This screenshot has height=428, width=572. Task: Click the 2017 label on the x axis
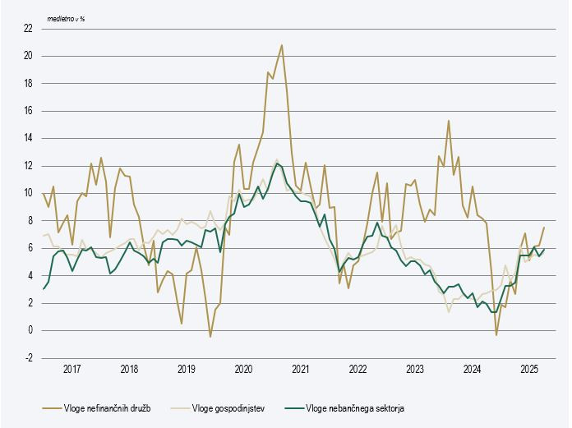click(71, 370)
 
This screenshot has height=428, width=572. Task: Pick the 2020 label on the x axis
click(243, 370)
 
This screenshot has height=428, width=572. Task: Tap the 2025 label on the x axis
click(529, 370)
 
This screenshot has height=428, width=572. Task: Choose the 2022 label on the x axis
click(357, 370)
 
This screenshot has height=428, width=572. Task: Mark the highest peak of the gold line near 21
click(282, 45)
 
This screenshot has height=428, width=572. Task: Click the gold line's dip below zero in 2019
click(210, 337)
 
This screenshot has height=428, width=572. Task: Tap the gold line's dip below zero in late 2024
click(496, 334)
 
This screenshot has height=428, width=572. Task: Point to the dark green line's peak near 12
click(277, 163)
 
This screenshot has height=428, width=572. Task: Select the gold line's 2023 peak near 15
click(449, 121)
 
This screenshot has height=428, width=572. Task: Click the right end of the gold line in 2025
click(544, 228)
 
